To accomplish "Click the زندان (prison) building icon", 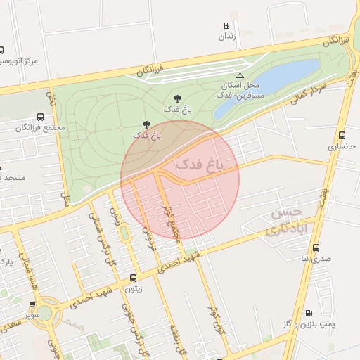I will coord(226,25).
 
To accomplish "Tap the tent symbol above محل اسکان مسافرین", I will coord(240,75).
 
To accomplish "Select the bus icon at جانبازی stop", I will coord(342,135).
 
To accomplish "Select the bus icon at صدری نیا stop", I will coord(316,248).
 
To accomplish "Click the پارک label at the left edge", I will coord(5,262).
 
